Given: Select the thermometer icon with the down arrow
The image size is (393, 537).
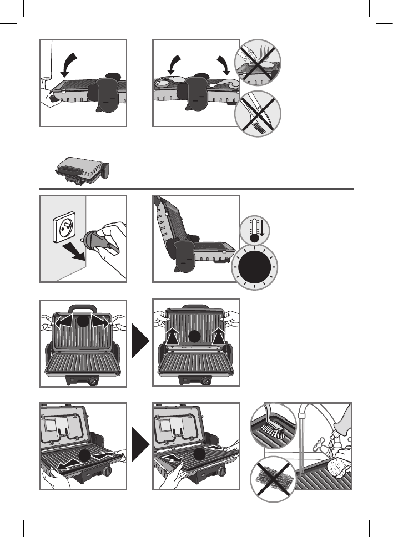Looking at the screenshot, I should pyautogui.click(x=256, y=229).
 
